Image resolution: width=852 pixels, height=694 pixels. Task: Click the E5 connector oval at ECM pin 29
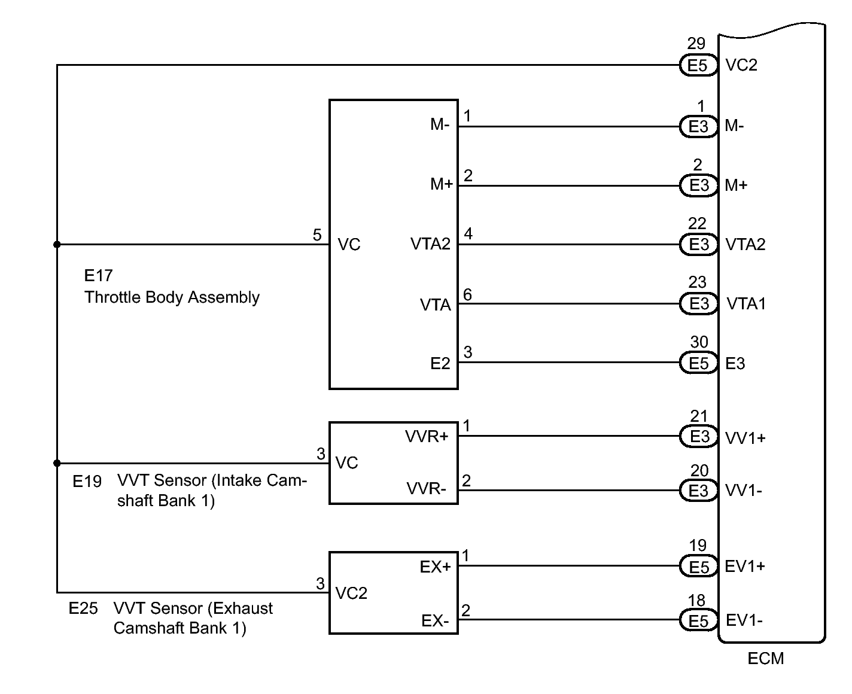click(x=698, y=65)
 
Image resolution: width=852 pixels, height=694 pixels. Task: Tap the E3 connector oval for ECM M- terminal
click(x=698, y=126)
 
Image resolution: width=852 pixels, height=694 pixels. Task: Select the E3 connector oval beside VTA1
click(x=698, y=303)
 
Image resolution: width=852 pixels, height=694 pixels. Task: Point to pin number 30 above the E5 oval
click(x=699, y=342)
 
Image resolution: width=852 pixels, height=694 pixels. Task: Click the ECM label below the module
click(x=766, y=658)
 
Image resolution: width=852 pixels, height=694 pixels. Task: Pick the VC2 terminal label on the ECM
click(x=741, y=65)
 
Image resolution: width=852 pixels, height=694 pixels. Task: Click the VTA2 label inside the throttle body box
click(x=430, y=243)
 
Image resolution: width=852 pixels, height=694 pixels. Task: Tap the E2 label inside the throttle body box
click(x=440, y=363)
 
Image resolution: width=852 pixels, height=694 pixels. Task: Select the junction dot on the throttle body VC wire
click(x=57, y=245)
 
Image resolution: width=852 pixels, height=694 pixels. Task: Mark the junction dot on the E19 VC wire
click(x=57, y=463)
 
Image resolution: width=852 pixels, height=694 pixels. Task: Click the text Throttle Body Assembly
click(x=172, y=297)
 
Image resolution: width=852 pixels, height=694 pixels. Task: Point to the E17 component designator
click(x=98, y=275)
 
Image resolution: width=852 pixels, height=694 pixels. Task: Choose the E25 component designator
click(x=83, y=608)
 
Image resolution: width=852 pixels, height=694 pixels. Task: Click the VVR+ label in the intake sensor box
click(x=427, y=436)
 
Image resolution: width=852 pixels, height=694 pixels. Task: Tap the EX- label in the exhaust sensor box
click(x=435, y=620)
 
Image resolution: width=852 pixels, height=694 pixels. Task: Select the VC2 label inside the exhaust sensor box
click(x=351, y=593)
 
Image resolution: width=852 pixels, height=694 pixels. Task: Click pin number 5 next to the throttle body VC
click(x=317, y=235)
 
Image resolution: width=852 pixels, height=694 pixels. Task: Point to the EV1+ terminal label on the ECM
click(x=745, y=566)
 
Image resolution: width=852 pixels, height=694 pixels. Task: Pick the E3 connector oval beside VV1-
click(x=698, y=490)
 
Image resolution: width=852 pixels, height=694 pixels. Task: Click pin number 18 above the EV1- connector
click(x=696, y=601)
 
